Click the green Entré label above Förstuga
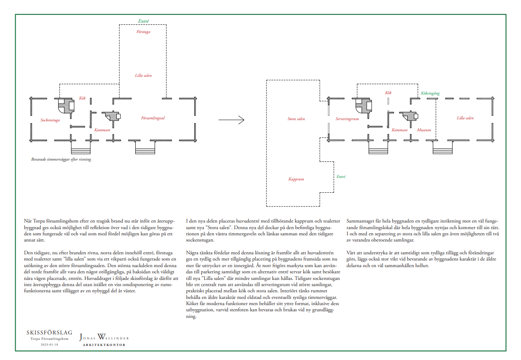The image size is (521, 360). (143, 21)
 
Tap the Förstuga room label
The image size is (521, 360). (143, 32)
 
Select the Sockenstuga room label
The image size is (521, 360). (50, 120)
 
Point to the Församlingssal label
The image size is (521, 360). (153, 118)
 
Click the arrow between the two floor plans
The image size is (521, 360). (231, 120)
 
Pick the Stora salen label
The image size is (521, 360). (296, 118)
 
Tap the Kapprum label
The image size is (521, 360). (296, 179)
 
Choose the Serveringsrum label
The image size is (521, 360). (347, 119)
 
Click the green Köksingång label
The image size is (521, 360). (430, 93)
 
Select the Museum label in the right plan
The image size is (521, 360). (424, 130)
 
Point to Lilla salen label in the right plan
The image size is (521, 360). (465, 118)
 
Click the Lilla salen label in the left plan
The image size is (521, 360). (143, 76)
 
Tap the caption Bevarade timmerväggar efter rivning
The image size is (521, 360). (61, 159)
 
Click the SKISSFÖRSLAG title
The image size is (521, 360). (50, 332)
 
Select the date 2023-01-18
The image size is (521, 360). (50, 344)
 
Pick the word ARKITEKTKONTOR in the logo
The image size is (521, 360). (104, 345)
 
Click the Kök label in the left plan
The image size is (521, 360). (82, 98)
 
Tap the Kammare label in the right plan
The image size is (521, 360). (400, 130)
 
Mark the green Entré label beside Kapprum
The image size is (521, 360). (341, 177)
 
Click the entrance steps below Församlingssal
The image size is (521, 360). (145, 151)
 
